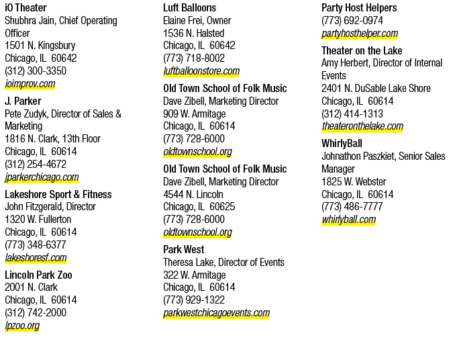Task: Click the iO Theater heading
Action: (25, 7)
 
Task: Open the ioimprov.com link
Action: (30, 84)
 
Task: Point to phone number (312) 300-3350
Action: (36, 71)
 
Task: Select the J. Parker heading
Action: (23, 101)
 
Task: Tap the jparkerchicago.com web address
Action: (42, 177)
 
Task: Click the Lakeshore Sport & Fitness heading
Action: (58, 194)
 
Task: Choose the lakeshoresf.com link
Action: (36, 257)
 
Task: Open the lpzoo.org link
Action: (22, 326)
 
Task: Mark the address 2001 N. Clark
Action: (31, 287)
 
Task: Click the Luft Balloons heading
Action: (190, 7)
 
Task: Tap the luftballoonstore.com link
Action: (201, 71)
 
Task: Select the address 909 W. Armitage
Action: (195, 114)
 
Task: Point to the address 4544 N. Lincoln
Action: (193, 194)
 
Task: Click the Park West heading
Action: (184, 249)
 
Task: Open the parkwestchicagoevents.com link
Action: (216, 312)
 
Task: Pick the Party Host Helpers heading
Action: (359, 7)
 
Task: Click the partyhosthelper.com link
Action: (360, 33)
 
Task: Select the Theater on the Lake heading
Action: (362, 50)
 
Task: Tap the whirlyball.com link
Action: (349, 220)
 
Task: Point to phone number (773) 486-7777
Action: (352, 206)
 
